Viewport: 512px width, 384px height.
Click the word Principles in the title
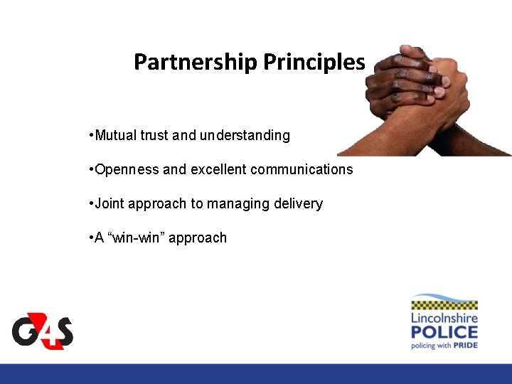pyautogui.click(x=314, y=63)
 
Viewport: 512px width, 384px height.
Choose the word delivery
pyautogui.click(x=299, y=203)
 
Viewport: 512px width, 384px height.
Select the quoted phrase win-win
pyautogui.click(x=138, y=238)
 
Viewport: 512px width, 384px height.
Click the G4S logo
pyautogui.click(x=43, y=331)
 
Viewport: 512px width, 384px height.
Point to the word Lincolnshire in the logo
pyautogui.click(x=444, y=318)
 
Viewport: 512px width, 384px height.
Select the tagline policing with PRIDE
pyautogui.click(x=444, y=345)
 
